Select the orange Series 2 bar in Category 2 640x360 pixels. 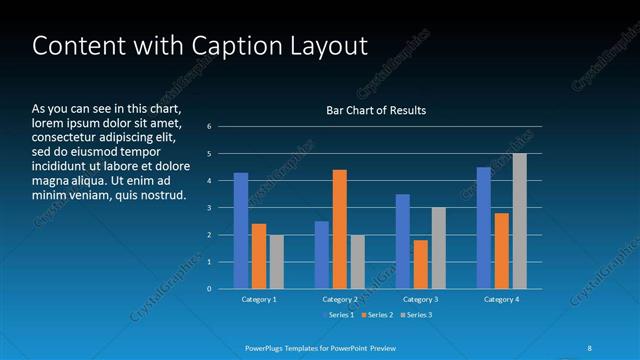[340, 229]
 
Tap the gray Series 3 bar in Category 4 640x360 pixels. [519, 221]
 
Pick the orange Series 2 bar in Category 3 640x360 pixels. [420, 264]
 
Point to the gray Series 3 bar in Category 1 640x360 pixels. [277, 262]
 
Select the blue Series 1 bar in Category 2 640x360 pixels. [322, 255]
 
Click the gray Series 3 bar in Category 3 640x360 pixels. [438, 248]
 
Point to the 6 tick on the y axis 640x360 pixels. [210, 127]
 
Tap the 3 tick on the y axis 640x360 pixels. [210, 208]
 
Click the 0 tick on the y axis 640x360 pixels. [210, 289]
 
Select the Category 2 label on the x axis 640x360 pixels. [340, 300]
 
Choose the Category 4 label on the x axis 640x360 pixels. [501, 300]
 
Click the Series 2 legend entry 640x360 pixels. [379, 316]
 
